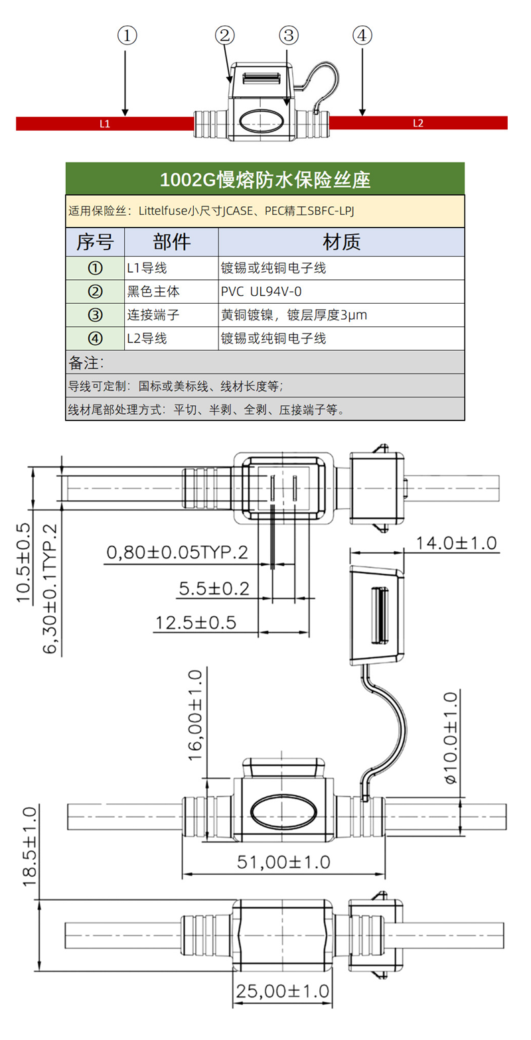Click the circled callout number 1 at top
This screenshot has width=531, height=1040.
tap(127, 35)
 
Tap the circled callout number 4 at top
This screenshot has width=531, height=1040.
tap(362, 35)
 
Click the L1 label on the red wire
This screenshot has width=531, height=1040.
tap(105, 123)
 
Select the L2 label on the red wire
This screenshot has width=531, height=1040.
tap(418, 123)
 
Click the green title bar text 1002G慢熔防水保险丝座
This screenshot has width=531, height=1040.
tap(265, 180)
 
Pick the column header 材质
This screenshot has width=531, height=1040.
tap(341, 242)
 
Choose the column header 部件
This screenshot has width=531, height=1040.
tap(171, 242)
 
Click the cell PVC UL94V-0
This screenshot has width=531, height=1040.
tap(261, 292)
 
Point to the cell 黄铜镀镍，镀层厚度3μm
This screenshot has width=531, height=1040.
tap(294, 315)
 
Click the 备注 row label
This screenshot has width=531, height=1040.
tap(86, 363)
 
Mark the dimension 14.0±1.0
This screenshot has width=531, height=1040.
tap(456, 543)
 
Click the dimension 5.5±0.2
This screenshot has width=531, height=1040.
tap(214, 588)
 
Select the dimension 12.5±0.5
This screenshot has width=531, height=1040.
tap(196, 623)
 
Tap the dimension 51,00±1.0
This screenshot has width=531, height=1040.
tap(283, 862)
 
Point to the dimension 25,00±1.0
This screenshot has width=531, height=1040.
tap(283, 991)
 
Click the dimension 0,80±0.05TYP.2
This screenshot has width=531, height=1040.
tap(177, 552)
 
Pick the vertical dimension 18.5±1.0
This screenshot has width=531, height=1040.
tap(29, 846)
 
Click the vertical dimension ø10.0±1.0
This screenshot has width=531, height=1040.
tap(451, 738)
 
